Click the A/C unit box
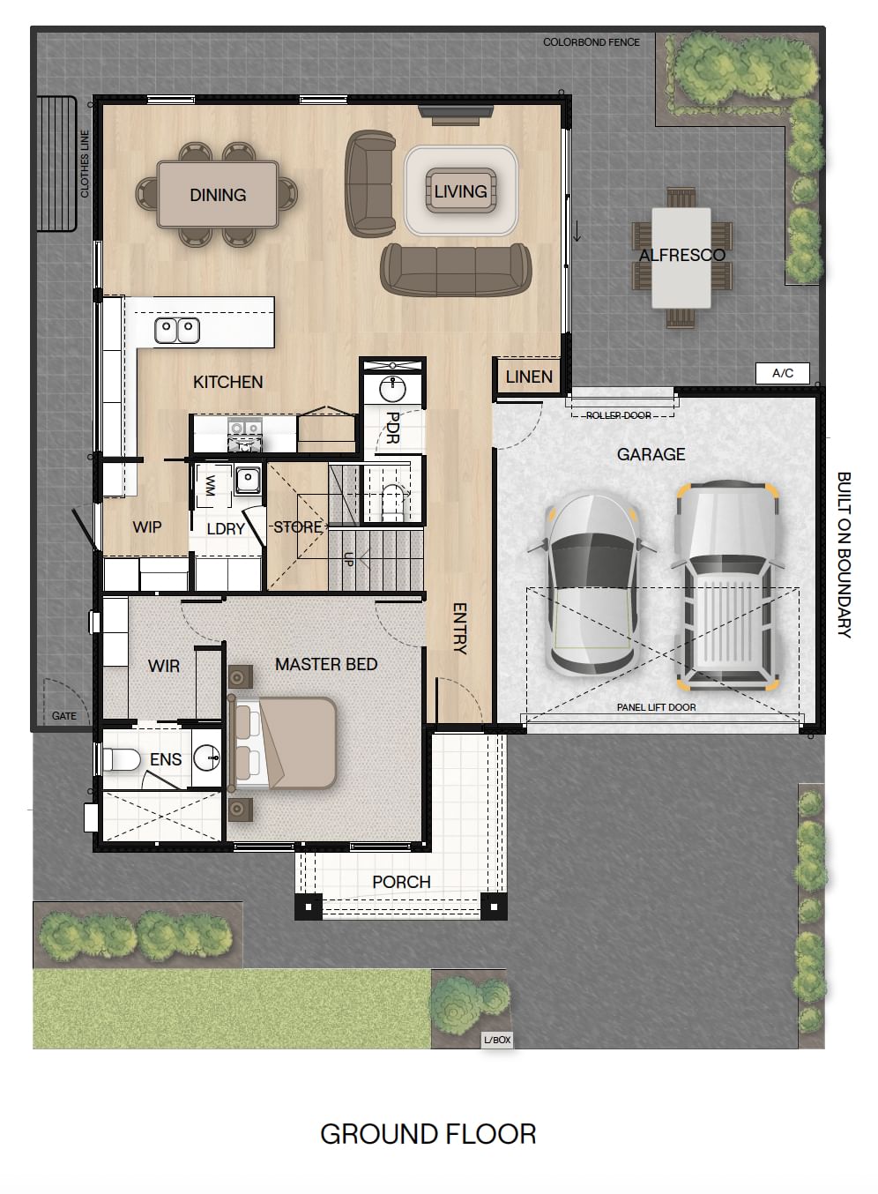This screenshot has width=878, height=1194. (x=782, y=373)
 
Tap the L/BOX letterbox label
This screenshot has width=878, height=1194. (x=497, y=1040)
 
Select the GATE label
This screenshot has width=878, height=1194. (x=64, y=716)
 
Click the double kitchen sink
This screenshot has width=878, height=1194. (x=177, y=330)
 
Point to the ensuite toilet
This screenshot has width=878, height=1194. (x=121, y=759)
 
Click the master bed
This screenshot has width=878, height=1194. (x=283, y=743)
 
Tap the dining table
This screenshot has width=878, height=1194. (x=218, y=195)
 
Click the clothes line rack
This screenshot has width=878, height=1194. (x=56, y=164)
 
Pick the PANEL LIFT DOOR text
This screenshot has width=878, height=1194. (x=657, y=707)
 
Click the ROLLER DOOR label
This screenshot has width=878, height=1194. (x=619, y=415)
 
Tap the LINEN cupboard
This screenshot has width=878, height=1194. (x=529, y=377)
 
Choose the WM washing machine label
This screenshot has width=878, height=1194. (x=210, y=486)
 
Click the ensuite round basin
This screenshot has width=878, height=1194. (x=206, y=757)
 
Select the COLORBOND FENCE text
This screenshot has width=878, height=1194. (x=592, y=42)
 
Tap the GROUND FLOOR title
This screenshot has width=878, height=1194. (x=428, y=1134)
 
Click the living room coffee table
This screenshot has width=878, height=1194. (x=461, y=190)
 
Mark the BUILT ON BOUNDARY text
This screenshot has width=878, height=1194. (x=844, y=555)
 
